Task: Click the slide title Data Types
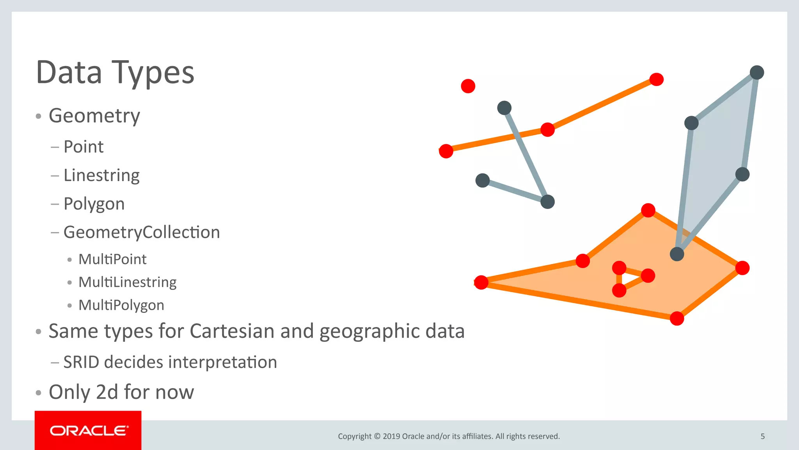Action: [115, 73]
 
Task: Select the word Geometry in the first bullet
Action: [94, 116]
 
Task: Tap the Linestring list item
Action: [101, 175]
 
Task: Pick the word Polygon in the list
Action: [94, 204]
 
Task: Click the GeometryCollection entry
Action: [142, 232]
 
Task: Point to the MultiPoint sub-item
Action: [112, 259]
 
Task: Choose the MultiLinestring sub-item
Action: [127, 282]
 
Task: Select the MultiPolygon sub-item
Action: [121, 305]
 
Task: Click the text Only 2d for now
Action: [121, 392]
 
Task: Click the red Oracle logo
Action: [88, 430]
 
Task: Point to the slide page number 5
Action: [763, 436]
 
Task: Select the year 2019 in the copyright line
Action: [391, 436]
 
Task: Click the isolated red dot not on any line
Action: [468, 86]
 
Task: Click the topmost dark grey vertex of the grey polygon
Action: [757, 73]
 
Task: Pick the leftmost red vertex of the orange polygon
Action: [481, 282]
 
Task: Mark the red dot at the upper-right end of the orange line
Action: [657, 79]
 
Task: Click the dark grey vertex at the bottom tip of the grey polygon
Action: [677, 254]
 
